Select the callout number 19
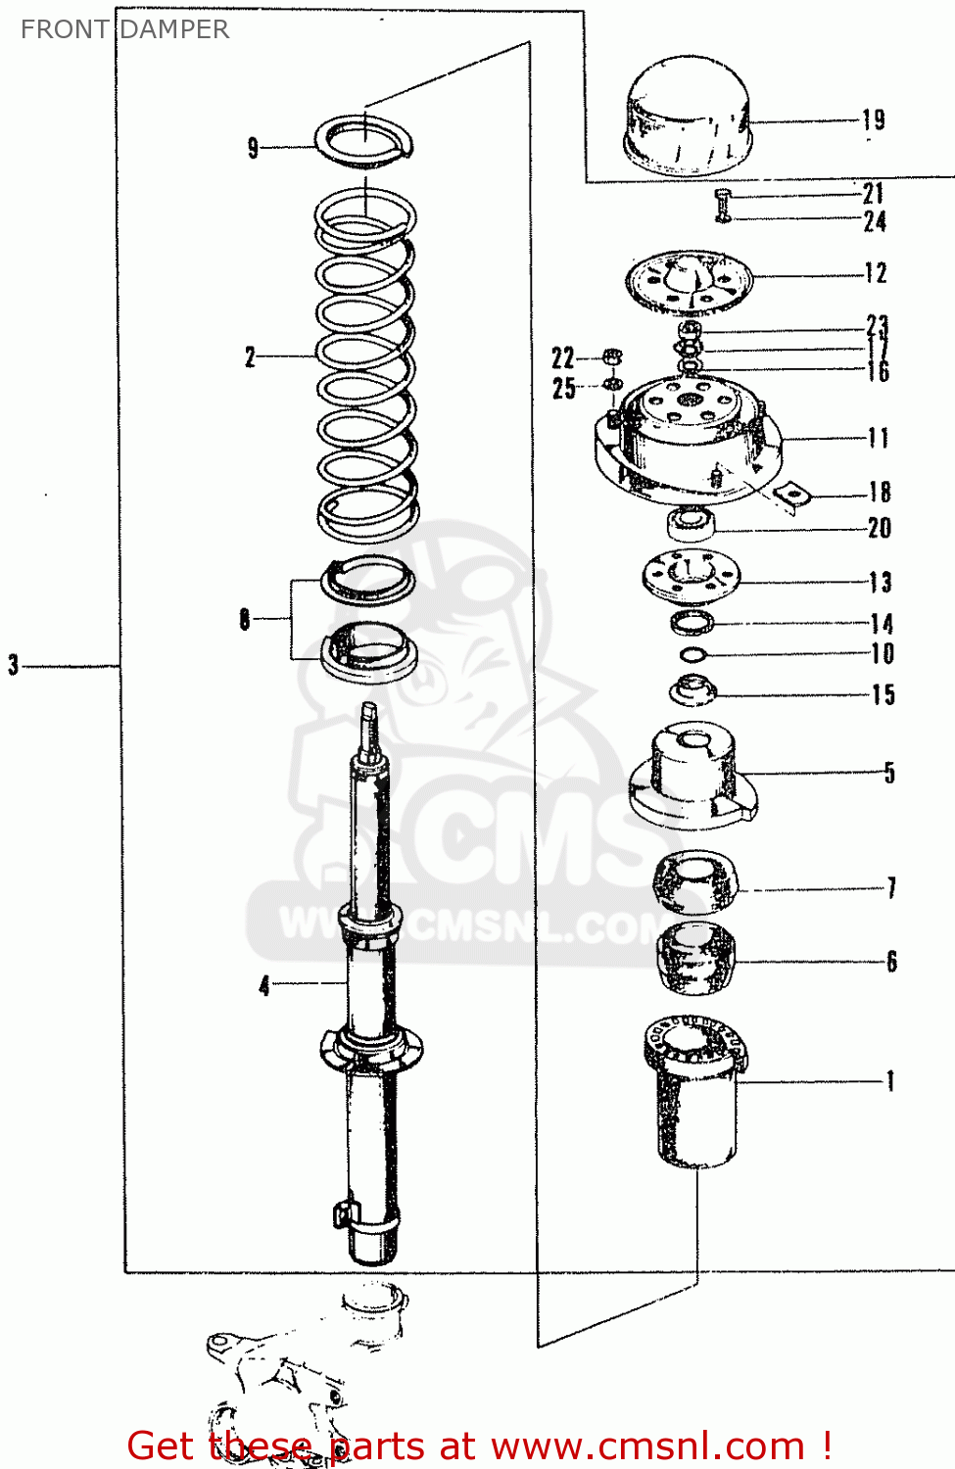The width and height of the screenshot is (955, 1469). (x=874, y=120)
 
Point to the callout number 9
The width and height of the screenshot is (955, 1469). (x=253, y=148)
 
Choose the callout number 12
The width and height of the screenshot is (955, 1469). (x=876, y=273)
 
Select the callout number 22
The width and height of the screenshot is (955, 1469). (x=563, y=357)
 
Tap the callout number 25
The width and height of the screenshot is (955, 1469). (x=563, y=388)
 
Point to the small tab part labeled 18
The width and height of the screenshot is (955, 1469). (x=792, y=496)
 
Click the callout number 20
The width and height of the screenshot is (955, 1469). (x=880, y=528)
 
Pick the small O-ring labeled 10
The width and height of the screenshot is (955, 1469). (x=692, y=655)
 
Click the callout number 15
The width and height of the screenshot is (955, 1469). (x=883, y=694)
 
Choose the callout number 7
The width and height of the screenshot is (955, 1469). (x=891, y=888)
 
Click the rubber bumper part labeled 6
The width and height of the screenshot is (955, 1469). (x=695, y=960)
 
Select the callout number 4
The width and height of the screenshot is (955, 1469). (x=263, y=984)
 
